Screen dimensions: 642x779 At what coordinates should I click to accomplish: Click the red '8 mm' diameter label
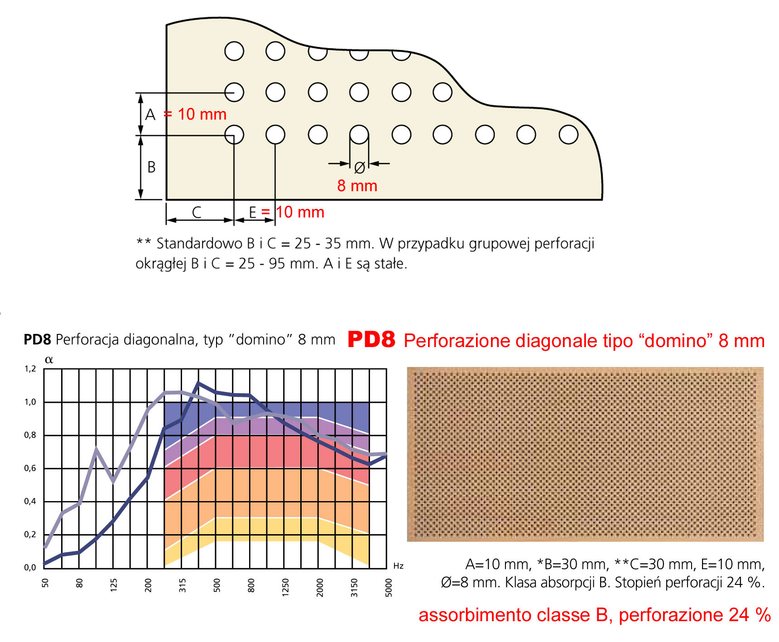pos(357,186)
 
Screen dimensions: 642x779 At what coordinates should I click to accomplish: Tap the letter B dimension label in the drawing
pos(152,167)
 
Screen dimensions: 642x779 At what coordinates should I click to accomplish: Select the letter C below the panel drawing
pos(197,212)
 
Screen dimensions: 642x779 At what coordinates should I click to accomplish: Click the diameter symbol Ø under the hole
pos(359,168)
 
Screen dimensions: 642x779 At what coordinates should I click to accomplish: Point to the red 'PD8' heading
pos(371,340)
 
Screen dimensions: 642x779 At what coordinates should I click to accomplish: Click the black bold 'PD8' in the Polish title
pos(37,340)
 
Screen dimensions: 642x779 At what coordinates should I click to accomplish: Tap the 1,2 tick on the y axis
pos(30,369)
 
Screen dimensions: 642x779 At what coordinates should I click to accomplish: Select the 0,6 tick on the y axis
pos(30,468)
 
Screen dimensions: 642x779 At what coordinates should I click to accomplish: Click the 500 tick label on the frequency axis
pos(217,585)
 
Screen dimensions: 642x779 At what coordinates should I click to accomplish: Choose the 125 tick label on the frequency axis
pos(114,585)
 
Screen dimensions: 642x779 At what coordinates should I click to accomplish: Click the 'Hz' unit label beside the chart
pos(398,566)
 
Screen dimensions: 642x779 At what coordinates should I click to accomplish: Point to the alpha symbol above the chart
pos(49,360)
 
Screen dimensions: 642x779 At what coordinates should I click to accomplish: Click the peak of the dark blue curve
pos(198,384)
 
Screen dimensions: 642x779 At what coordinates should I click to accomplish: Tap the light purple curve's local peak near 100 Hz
pos(96,449)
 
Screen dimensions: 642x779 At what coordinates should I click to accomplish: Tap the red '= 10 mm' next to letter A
pos(195,114)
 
